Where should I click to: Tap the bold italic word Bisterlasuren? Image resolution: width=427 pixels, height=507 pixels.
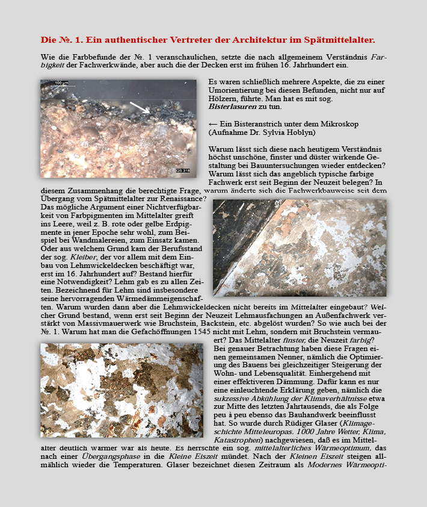232,107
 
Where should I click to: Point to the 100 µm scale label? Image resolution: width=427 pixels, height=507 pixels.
61,82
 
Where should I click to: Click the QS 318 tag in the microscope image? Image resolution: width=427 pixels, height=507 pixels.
182,172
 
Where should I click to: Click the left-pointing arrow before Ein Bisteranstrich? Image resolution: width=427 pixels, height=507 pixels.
213,123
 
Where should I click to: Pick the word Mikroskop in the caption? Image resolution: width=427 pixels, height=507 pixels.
357,123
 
